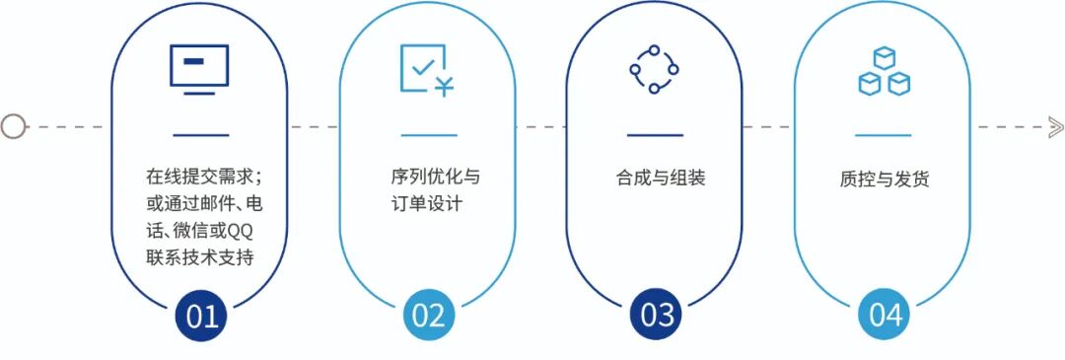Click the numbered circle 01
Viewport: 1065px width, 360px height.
coord(201,316)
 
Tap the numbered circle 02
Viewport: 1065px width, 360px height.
coord(429,316)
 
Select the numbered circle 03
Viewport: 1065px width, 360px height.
coord(657,316)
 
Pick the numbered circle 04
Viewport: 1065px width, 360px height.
coord(885,316)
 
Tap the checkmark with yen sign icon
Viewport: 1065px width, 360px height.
coord(426,70)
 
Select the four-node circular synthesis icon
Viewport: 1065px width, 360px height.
coord(654,69)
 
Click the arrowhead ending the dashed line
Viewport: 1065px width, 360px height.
coord(1055,126)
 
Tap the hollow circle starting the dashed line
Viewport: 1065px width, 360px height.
coord(13,126)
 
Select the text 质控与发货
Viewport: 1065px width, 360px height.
coord(885,180)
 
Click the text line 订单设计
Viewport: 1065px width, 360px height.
coord(426,205)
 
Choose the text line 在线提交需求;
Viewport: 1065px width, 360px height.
coord(202,179)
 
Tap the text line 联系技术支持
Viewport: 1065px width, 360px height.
coord(199,258)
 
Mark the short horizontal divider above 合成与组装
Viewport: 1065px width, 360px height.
coord(655,135)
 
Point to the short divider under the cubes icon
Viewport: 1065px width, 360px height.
coord(883,135)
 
